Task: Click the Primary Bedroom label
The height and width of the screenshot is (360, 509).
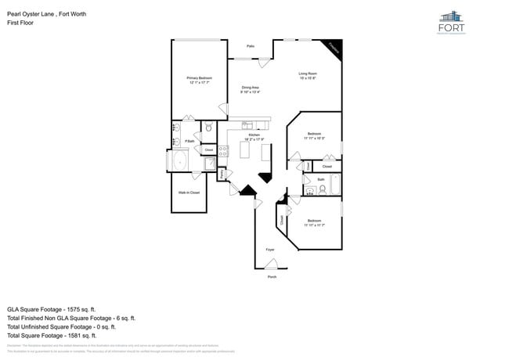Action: coord(200,78)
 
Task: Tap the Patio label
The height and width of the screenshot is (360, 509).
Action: coord(251,46)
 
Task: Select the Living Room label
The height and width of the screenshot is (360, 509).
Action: coord(307,74)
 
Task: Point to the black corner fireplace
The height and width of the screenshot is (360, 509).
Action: coord(334,48)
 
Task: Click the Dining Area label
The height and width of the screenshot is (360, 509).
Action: coord(251,88)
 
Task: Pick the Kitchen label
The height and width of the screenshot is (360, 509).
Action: coord(254,135)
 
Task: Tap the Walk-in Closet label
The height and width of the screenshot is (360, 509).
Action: coord(189,192)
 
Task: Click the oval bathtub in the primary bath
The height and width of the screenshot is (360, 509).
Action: coord(180,161)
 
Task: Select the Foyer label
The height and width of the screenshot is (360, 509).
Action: coord(270,250)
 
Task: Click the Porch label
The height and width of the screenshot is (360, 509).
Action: coord(272,277)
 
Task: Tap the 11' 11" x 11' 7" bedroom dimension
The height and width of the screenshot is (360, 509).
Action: coord(314,225)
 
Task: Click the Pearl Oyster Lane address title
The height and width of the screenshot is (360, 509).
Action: coord(48,13)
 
